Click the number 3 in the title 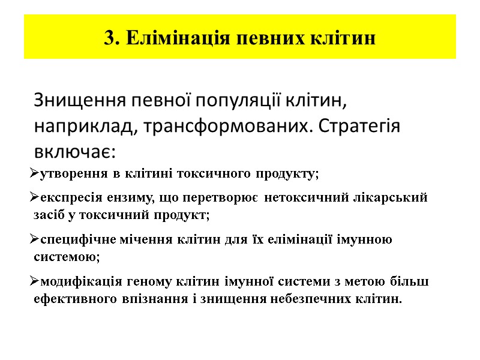tap(108, 38)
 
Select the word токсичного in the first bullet tap(217, 175)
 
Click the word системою tap(67, 257)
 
